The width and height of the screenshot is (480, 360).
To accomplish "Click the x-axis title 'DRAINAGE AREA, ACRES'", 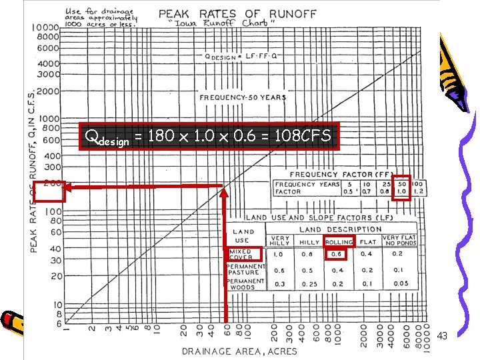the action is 241,351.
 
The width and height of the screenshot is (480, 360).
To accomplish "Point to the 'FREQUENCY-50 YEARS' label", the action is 243,97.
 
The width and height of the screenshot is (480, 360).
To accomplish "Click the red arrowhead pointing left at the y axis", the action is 71,189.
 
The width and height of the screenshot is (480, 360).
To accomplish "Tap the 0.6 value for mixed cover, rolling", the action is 337,254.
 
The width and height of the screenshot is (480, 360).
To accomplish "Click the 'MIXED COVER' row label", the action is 241,255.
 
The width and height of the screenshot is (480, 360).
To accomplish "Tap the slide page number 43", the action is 442,337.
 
